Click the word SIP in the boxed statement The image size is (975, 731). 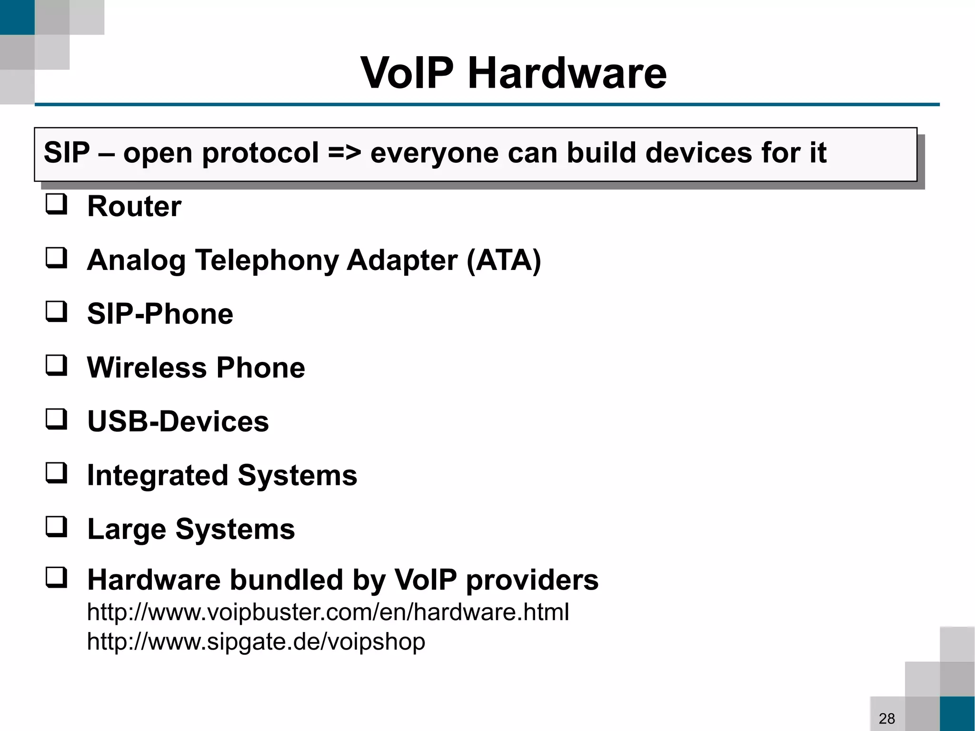[67, 153]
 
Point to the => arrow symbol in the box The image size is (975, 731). [344, 153]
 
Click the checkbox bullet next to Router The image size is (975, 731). [57, 205]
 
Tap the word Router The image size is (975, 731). [134, 207]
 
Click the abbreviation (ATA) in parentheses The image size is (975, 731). [504, 260]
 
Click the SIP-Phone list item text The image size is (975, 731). [160, 314]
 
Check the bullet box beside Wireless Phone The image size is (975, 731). [57, 366]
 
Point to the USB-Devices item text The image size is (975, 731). [178, 422]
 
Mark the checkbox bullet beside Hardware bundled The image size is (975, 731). [57, 578]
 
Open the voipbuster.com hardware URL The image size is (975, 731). [328, 612]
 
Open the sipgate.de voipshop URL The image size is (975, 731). [256, 642]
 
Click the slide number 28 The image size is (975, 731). [887, 718]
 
